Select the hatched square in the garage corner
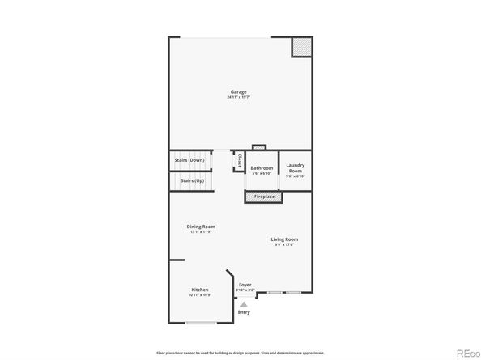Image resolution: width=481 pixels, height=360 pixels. pyautogui.click(x=301, y=48)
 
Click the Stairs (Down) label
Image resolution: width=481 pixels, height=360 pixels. pyautogui.click(x=189, y=160)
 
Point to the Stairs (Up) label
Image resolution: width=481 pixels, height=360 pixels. pyautogui.click(x=192, y=180)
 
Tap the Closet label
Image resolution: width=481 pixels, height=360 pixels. pyautogui.click(x=240, y=160)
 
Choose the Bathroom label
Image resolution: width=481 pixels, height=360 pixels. pyautogui.click(x=262, y=167)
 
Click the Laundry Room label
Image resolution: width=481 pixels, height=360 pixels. pyautogui.click(x=295, y=167)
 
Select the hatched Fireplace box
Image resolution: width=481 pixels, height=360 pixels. pyautogui.click(x=264, y=197)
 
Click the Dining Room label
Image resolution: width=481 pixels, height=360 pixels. pyautogui.click(x=201, y=226)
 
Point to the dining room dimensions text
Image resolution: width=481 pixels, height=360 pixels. pyautogui.click(x=201, y=232)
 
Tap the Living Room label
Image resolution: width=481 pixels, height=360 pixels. pyautogui.click(x=284, y=239)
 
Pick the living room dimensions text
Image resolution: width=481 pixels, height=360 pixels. pyautogui.click(x=284, y=245)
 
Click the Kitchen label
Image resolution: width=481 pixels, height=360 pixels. pyautogui.click(x=200, y=289)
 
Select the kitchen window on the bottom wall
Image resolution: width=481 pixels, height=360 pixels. pyautogui.click(x=200, y=323)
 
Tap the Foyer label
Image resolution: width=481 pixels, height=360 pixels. pyautogui.click(x=245, y=285)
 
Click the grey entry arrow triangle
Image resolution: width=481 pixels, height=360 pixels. pyautogui.click(x=242, y=304)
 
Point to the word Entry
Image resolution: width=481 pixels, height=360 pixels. pyautogui.click(x=244, y=312)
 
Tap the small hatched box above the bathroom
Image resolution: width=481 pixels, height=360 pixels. pyautogui.click(x=258, y=147)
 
